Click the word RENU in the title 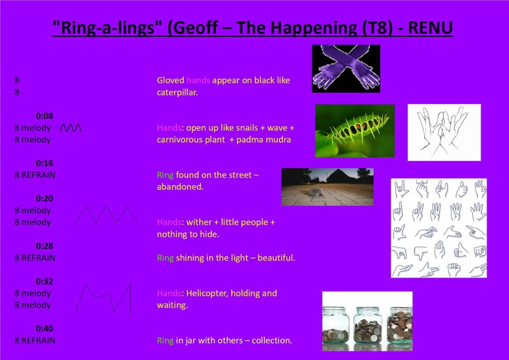point(430,27)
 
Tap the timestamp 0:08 point(44,116)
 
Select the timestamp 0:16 point(44,163)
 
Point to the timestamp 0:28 point(44,246)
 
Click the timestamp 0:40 point(44,329)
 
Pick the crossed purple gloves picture point(346,69)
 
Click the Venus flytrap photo point(355,131)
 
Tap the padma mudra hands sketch point(444,132)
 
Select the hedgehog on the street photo point(328,187)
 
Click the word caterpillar point(177,92)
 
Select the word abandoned point(180,187)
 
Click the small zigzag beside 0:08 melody point(71,128)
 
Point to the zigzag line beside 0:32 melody point(103,299)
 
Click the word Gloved point(170,80)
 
